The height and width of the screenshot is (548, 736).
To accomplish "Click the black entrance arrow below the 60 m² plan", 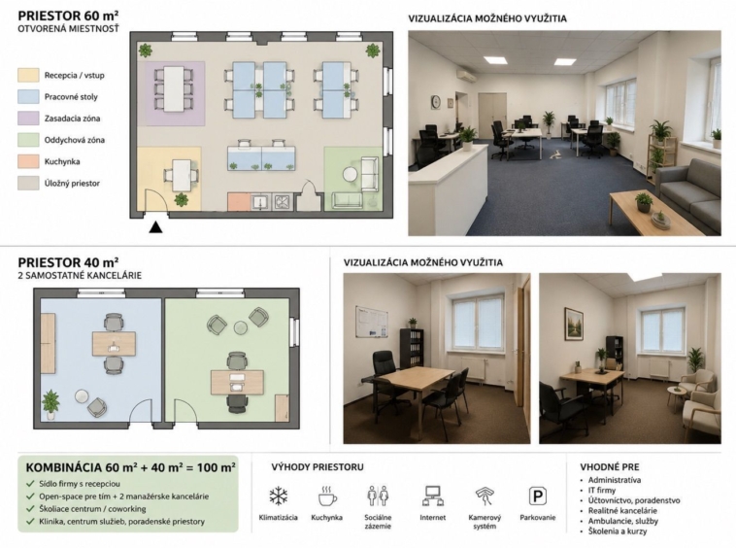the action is coord(155,227).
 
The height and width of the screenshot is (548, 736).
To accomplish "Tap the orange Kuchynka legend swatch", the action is coord(28,161).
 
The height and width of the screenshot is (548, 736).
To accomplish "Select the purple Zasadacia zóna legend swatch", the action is coord(28,119).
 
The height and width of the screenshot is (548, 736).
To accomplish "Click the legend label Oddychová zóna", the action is coord(75,140).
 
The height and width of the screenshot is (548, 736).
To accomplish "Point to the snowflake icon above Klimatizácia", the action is coord(279,497).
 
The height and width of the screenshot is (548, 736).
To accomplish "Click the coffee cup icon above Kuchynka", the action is coord(327,496).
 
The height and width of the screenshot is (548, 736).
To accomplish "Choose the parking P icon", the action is coord(538,497).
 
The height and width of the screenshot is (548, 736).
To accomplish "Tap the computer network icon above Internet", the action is coord(432,496).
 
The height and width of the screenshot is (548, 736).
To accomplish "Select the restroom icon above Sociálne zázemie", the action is coord(378,496).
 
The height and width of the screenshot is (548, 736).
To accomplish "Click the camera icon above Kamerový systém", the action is coord(485,496).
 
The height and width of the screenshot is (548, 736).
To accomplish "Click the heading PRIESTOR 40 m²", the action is coord(68,262).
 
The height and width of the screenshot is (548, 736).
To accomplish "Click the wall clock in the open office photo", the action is coord(436,101).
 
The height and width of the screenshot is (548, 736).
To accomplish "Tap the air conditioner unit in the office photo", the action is coord(465,76).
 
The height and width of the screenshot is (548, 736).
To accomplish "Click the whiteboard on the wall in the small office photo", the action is coord(371,322).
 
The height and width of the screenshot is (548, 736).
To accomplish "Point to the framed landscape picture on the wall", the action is coord(574,323).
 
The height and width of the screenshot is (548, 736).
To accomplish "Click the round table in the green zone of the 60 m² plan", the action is coord(351,175).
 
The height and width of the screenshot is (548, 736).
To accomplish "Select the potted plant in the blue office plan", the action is coord(50,404).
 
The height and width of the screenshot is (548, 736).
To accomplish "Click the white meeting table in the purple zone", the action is coord(174,88).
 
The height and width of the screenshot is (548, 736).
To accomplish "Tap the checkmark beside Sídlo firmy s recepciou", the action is coord(30,484).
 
